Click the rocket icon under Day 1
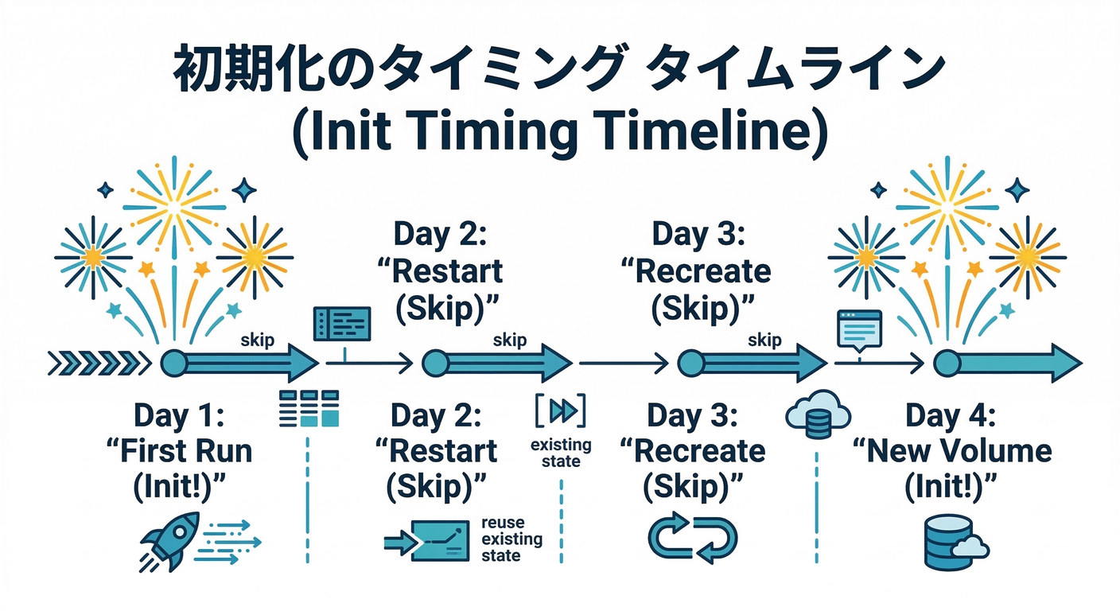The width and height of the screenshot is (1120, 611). [169, 540]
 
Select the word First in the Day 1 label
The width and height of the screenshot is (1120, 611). [156, 452]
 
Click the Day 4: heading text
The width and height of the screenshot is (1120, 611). [951, 416]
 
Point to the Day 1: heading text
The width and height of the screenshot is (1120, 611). [180, 416]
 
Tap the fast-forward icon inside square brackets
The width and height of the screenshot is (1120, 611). [562, 411]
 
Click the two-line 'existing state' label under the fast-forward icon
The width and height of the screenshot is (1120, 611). [561, 452]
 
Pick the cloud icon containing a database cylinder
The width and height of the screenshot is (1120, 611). [817, 414]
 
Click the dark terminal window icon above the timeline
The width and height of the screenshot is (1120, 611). [342, 325]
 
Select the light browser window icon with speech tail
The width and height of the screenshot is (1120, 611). [859, 329]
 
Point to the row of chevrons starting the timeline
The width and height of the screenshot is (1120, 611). [99, 364]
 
